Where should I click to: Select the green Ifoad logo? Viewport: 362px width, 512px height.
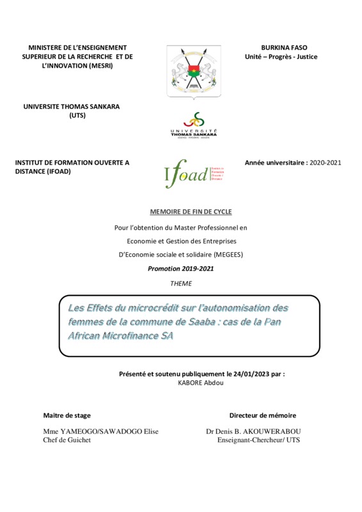coord(186,173)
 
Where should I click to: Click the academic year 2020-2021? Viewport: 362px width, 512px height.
coord(325,163)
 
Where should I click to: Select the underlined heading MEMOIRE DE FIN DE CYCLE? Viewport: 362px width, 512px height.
coord(181,211)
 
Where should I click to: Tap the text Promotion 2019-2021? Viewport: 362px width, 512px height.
coord(181,269)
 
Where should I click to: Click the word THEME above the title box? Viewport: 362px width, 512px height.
coord(181,283)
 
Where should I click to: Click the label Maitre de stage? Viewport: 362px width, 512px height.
coord(66,415)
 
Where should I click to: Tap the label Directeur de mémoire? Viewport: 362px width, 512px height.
coord(263,415)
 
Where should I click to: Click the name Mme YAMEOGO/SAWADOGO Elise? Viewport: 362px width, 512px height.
coord(100,432)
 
